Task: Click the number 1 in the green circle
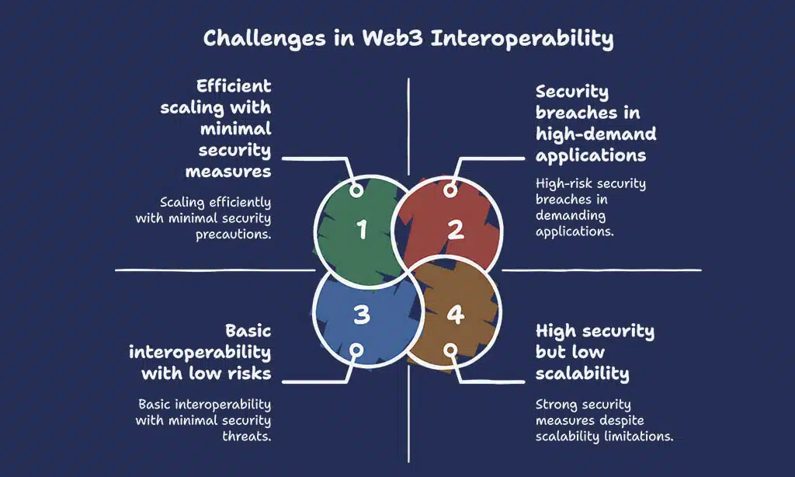[361, 230]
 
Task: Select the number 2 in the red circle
[455, 229]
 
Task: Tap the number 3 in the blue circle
[361, 315]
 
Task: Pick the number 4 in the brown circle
[455, 315]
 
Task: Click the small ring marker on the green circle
[356, 190]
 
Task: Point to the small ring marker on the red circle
[449, 190]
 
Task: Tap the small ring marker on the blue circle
[356, 350]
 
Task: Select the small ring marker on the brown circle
[449, 350]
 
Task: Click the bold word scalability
[582, 374]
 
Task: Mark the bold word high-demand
[596, 134]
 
